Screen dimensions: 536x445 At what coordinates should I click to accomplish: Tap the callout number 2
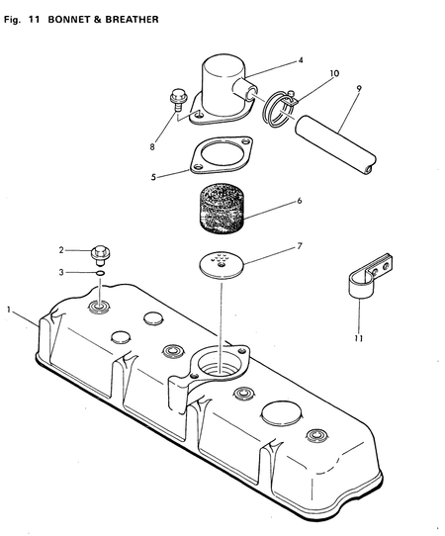[x=60, y=250]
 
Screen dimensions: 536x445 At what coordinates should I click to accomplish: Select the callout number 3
[x=60, y=272]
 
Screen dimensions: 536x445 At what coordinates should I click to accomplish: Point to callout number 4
[x=301, y=60]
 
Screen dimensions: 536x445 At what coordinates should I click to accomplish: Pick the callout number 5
[x=153, y=178]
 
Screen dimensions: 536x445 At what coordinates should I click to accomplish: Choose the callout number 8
[x=153, y=147]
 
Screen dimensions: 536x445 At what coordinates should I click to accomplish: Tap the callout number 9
[x=357, y=88]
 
